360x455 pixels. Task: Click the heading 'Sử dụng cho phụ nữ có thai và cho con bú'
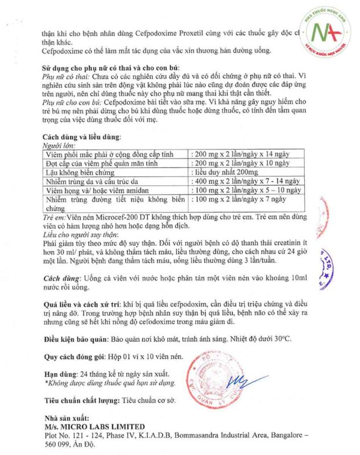coord(114,67)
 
